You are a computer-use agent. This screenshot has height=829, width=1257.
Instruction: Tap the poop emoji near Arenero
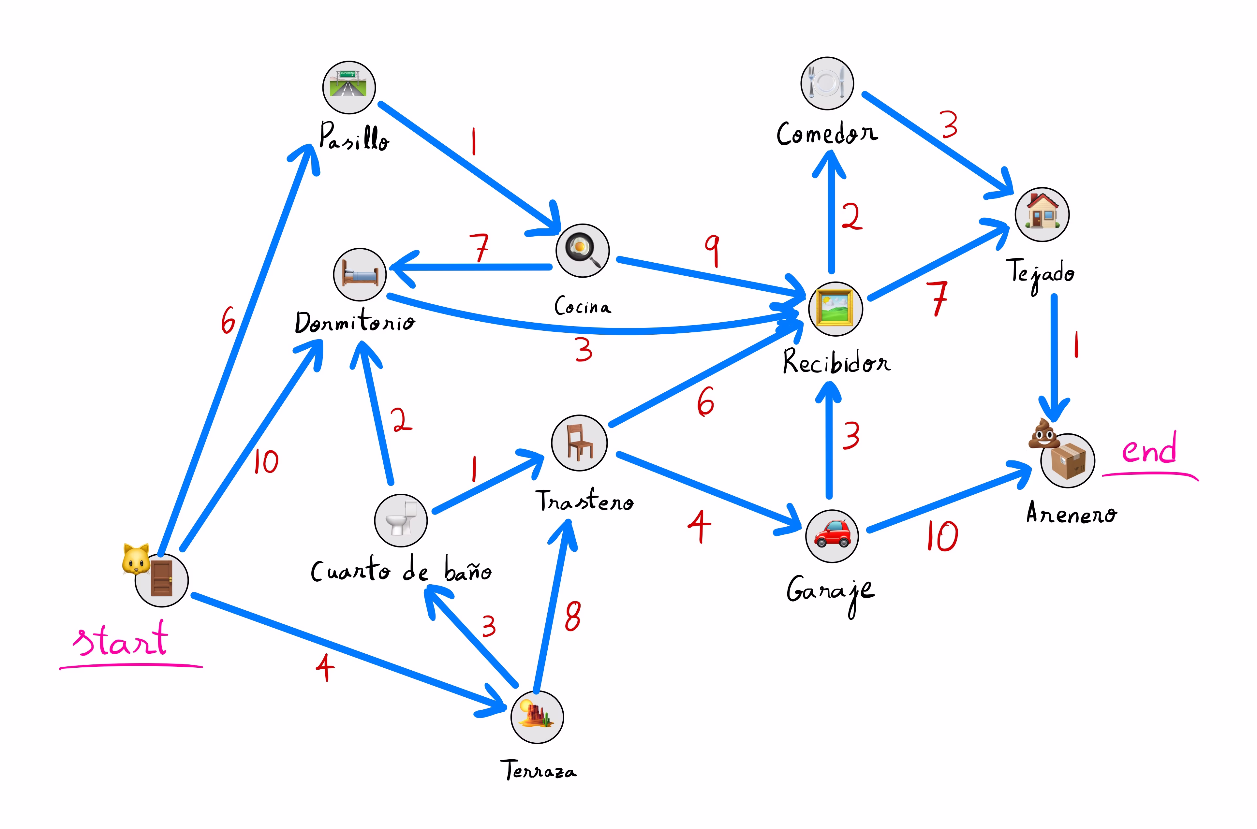[1043, 433]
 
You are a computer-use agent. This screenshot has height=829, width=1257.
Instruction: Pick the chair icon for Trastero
[579, 443]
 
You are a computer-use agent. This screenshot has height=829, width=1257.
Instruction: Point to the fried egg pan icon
[582, 250]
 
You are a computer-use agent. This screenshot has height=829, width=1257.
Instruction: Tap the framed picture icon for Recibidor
[835, 308]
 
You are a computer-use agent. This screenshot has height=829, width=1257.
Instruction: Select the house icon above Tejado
[1042, 214]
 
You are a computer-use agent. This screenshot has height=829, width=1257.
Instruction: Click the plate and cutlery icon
[827, 83]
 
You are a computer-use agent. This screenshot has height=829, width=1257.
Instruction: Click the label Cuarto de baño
[401, 571]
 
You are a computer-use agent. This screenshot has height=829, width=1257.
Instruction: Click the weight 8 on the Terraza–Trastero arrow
[573, 617]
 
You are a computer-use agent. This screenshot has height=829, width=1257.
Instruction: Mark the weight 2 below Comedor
[851, 216]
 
